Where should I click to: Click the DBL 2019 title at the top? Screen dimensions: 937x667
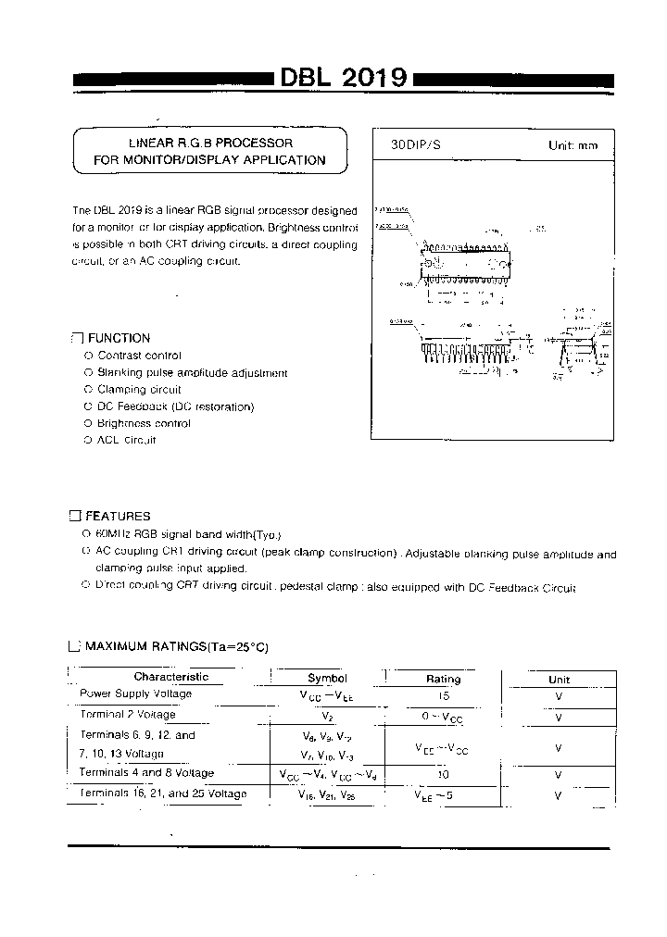[x=344, y=80]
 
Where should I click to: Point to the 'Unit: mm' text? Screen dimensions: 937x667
[x=573, y=146]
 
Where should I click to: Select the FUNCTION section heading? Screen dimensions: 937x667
[x=118, y=338]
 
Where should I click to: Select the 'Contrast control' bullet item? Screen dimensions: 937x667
[x=139, y=356]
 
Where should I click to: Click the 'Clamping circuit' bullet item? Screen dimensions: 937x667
[x=139, y=390]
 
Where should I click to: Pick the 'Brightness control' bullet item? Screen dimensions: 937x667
[x=144, y=423]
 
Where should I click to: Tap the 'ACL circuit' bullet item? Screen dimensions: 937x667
[x=127, y=440]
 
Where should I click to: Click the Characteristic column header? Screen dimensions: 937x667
[x=170, y=677]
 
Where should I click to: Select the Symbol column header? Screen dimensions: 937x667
[x=327, y=678]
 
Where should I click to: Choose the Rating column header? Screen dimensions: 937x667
[x=443, y=679]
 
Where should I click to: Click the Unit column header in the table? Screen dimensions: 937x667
[x=559, y=679]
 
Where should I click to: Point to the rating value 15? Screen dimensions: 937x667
[x=442, y=693]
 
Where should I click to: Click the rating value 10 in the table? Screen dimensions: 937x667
[x=442, y=773]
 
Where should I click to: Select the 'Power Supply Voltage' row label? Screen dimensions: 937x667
[x=135, y=693]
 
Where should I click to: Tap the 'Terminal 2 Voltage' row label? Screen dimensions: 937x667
[x=127, y=715]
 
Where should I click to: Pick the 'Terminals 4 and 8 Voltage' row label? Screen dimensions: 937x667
[x=146, y=773]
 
